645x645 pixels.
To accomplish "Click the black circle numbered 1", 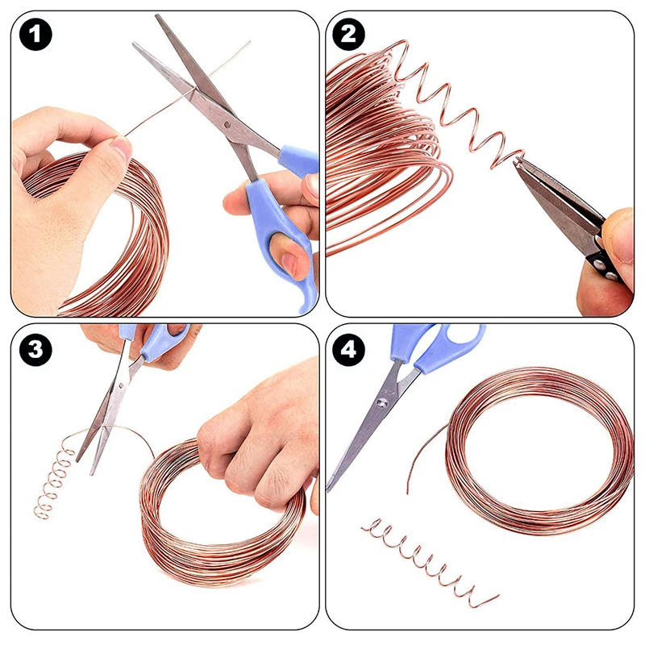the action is (35, 35).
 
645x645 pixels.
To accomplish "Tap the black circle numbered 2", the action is (348, 35).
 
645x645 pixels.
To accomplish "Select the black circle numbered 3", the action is (35, 350).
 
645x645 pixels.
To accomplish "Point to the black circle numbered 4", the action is (348, 350).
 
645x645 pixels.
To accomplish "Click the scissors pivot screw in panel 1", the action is (227, 123).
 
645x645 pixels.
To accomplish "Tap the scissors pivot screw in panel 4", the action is (382, 404).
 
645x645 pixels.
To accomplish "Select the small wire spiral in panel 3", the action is (53, 481).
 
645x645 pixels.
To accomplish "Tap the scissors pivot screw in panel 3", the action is (121, 386).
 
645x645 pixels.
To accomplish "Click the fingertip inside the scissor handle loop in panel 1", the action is (289, 260).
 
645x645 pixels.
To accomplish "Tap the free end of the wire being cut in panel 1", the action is (249, 42).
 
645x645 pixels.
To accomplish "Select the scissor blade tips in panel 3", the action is (86, 465).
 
